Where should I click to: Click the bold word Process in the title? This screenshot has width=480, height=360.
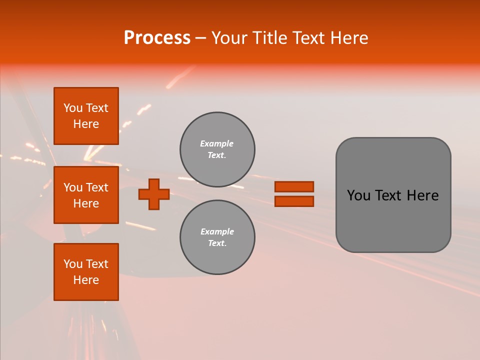157,38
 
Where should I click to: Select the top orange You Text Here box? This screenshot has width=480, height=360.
86,116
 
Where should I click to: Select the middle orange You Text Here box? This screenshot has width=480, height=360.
86,195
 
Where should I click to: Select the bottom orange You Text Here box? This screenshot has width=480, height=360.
86,272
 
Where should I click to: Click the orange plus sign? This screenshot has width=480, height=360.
154,194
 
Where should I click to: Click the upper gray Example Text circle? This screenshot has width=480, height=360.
217,149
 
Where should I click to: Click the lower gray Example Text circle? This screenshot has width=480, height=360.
217,237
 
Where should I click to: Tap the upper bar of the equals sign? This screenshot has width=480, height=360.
294,186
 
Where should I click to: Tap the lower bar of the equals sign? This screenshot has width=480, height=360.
294,201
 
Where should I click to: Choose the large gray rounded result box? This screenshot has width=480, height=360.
393,220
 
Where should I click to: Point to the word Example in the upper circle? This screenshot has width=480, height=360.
217,143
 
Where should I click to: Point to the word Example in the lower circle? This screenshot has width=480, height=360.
217,231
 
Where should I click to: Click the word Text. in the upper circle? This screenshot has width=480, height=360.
217,155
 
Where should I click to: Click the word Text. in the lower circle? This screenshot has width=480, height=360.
217,243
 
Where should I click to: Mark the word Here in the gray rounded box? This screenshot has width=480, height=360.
422,195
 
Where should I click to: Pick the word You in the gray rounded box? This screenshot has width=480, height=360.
359,195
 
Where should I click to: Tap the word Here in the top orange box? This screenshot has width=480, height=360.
86,124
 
